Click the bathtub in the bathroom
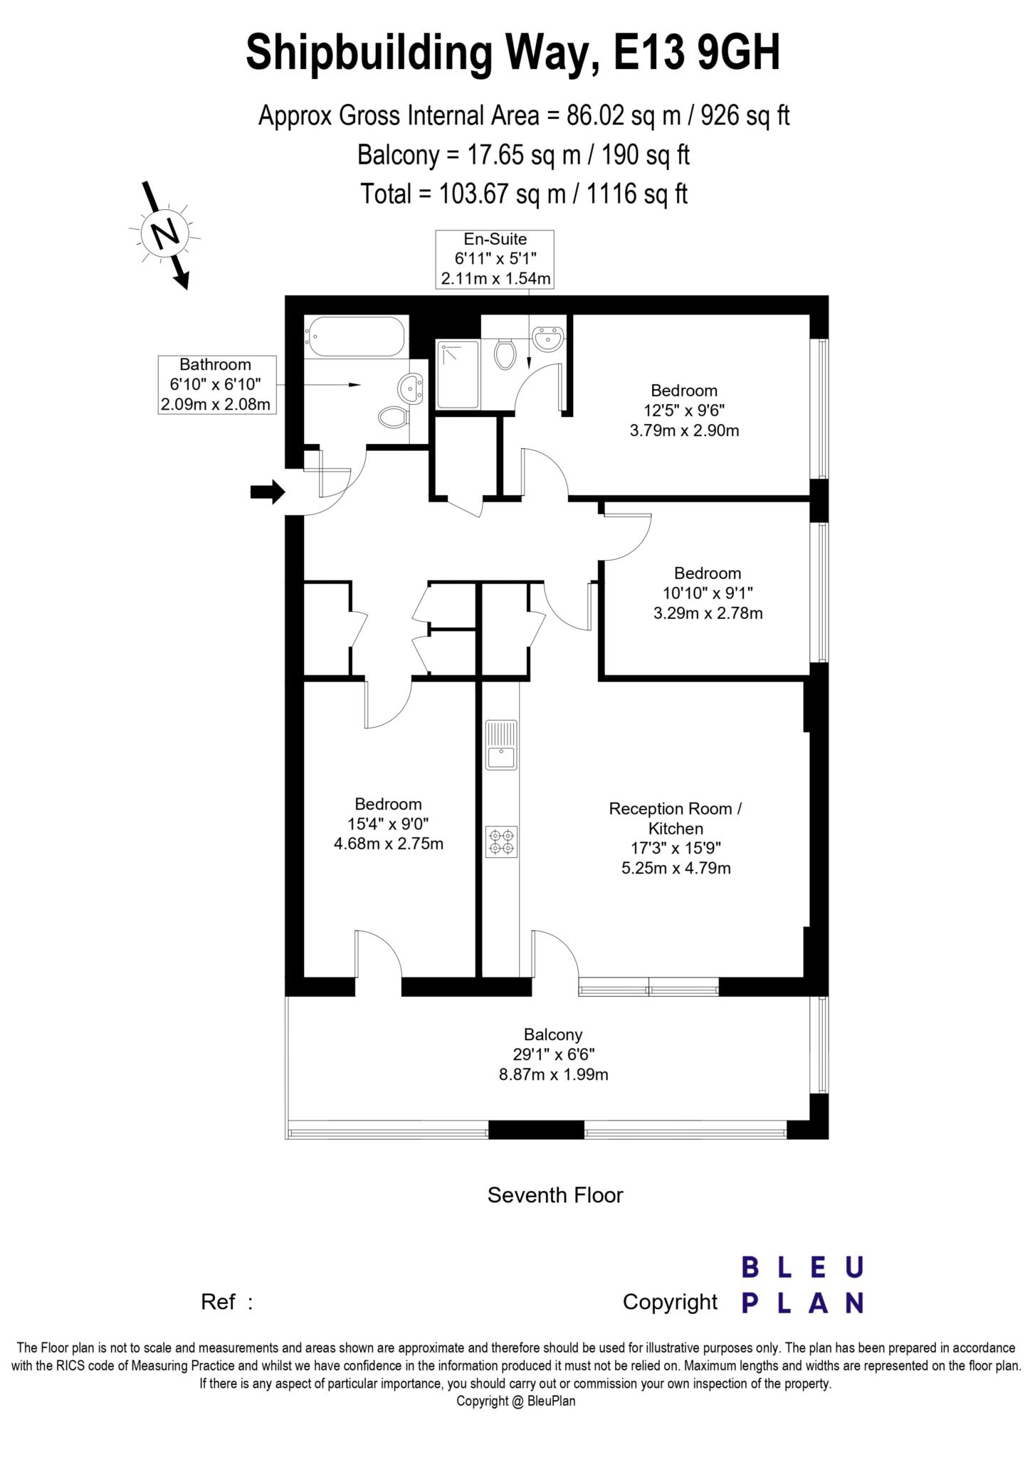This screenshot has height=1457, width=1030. [x=355, y=336]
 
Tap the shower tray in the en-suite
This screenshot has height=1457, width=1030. [x=458, y=374]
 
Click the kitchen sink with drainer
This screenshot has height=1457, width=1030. [x=501, y=744]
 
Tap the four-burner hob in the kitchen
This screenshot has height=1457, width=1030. [x=501, y=842]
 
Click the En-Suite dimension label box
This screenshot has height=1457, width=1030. [x=495, y=259]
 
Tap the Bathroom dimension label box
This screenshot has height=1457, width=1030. [x=216, y=385]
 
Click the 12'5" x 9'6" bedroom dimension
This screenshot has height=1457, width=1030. [x=684, y=410]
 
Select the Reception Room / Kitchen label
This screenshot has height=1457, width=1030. [x=675, y=818]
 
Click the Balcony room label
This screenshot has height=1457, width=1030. [x=553, y=1034]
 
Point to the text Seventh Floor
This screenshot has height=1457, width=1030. [x=555, y=1195]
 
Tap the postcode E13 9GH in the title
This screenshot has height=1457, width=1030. [x=698, y=53]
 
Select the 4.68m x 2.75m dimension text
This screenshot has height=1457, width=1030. [x=389, y=844]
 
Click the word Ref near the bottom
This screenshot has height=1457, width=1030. [x=218, y=1302]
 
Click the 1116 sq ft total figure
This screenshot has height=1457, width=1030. [x=636, y=194]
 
